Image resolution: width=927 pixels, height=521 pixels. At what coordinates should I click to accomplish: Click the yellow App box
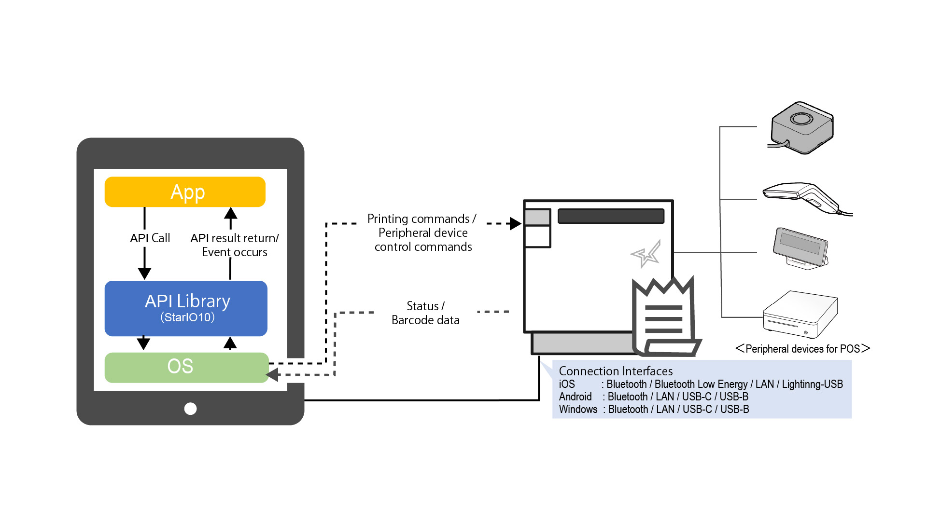(x=185, y=192)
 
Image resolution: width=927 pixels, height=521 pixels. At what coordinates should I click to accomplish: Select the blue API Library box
(x=186, y=308)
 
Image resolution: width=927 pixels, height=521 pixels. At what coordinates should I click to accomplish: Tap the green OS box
(x=186, y=367)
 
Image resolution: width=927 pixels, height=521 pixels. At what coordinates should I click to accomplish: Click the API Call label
(x=150, y=238)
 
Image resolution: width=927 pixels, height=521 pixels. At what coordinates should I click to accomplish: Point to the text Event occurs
(x=234, y=252)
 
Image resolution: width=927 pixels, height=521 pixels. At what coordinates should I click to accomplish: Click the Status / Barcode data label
(x=425, y=313)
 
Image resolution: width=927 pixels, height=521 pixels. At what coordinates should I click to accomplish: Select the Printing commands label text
(x=421, y=219)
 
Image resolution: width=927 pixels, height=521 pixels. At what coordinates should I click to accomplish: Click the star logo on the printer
(x=646, y=254)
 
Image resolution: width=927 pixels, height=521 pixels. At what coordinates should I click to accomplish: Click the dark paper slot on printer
(x=611, y=216)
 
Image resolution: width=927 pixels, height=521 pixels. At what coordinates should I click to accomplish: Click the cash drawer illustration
(x=800, y=315)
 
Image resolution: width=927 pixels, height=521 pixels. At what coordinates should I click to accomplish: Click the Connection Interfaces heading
(x=616, y=371)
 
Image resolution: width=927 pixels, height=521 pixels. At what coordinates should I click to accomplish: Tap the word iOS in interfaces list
(x=567, y=384)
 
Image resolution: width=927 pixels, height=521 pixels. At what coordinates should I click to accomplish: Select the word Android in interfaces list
(x=575, y=397)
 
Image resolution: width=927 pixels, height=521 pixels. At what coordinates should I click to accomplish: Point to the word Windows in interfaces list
(x=578, y=409)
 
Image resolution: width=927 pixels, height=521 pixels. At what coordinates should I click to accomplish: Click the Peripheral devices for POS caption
(x=802, y=349)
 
